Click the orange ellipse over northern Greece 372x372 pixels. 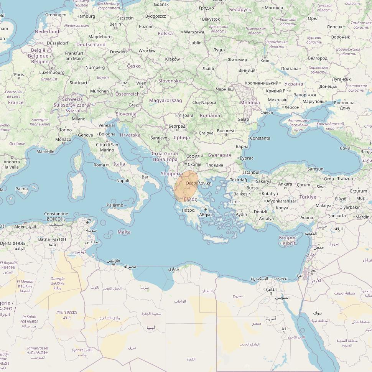pyautogui.click(x=186, y=186)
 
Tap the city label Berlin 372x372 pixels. pyautogui.click(x=115, y=24)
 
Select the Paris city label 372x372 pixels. pyautogui.click(x=19, y=75)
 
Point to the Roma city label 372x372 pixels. pyautogui.click(x=99, y=165)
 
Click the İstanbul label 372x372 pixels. pyautogui.click(x=251, y=173)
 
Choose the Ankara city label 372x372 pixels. pyautogui.click(x=285, y=184)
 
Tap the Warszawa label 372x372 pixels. pyautogui.click(x=194, y=32)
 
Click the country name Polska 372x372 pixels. pyautogui.click(x=165, y=34)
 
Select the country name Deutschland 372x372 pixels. pyautogui.click(x=91, y=44)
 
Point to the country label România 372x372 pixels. pyautogui.click(x=210, y=115)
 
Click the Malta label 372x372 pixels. pyautogui.click(x=124, y=232)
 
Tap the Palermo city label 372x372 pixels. pyautogui.click(x=115, y=205)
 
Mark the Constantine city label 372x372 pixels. pyautogui.click(x=56, y=214)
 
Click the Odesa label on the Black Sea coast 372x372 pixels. pyautogui.click(x=267, y=112)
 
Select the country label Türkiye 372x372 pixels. pyautogui.click(x=308, y=197)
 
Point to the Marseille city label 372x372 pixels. pyautogui.click(x=45, y=151)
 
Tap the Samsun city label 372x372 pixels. pyautogui.click(x=315, y=169)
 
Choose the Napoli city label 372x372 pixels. pyautogui.click(x=123, y=181)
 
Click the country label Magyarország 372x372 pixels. pyautogui.click(x=165, y=100)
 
